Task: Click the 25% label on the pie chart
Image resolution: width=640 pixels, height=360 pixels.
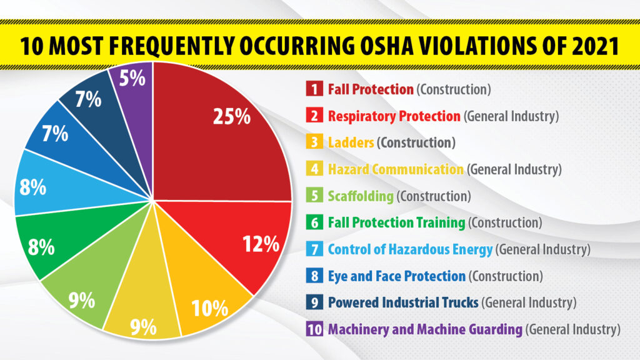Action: (x=232, y=117)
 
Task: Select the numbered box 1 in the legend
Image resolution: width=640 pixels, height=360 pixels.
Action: (x=314, y=89)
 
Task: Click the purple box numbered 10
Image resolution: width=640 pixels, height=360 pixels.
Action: (x=314, y=328)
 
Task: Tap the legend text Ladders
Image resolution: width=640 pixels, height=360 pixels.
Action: (x=351, y=142)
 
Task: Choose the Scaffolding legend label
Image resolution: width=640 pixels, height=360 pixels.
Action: (x=361, y=196)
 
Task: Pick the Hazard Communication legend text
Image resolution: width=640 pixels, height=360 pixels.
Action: (x=396, y=169)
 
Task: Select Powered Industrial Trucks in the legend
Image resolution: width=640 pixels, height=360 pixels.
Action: (x=403, y=302)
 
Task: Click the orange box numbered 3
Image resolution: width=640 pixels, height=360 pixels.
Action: (x=314, y=142)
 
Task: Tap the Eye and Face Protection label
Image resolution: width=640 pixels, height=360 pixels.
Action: (x=397, y=276)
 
